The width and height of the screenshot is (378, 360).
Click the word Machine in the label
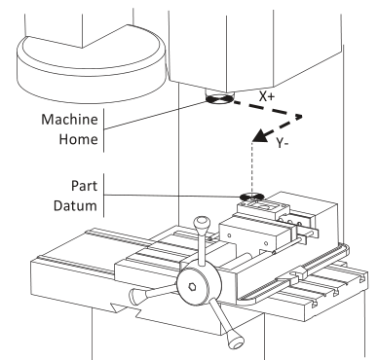point(69,120)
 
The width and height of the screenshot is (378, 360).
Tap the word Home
point(78,139)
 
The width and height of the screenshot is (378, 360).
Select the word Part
point(84,186)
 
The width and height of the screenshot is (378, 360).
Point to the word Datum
point(75,205)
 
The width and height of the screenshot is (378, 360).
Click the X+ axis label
point(267,96)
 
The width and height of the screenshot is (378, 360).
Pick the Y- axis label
point(283,143)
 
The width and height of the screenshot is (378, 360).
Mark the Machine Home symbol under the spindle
point(219,99)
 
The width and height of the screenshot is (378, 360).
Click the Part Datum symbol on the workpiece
point(251,197)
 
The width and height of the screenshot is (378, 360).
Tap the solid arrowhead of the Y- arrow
point(261,135)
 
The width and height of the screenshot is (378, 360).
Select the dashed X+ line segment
point(268,109)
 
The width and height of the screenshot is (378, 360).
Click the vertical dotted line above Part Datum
point(252,167)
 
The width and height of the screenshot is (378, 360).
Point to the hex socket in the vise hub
point(192,286)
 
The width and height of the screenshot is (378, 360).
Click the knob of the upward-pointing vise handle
point(202,223)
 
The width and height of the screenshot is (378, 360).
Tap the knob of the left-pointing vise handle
point(136,296)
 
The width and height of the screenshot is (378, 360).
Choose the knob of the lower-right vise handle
point(235,341)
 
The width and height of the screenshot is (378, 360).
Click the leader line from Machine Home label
point(155,116)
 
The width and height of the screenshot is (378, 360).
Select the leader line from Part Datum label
point(171,196)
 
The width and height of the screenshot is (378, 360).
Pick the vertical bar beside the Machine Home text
point(104,130)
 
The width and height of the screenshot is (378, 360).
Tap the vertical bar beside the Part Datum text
point(104,196)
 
